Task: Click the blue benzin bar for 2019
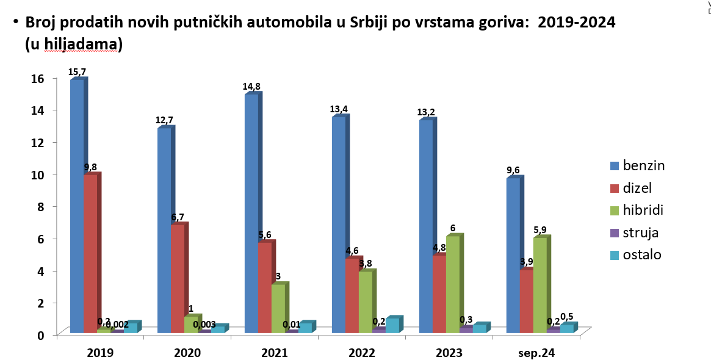(x=77, y=206)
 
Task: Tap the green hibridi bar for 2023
(x=453, y=284)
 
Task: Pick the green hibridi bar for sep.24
(x=540, y=285)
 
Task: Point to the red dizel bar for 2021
(x=264, y=287)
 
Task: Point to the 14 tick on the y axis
(x=38, y=110)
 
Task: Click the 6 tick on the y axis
(x=40, y=239)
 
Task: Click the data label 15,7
(x=77, y=73)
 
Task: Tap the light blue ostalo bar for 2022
(x=392, y=325)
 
